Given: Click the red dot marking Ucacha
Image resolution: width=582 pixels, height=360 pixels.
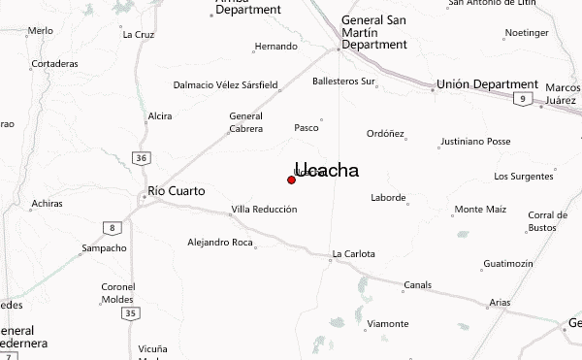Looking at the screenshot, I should point(291,180).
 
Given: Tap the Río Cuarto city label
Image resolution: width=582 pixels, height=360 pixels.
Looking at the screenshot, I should point(176,191).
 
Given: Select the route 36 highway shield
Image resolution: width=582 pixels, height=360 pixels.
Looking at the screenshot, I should point(142,158).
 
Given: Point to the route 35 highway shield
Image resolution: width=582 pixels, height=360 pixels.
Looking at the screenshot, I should point(131,312).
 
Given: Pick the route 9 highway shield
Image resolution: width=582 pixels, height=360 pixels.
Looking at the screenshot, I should point(523,100).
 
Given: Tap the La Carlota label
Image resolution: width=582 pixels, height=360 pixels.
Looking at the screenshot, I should point(352,256).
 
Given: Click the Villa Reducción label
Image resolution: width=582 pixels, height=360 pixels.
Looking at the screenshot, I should point(261,211).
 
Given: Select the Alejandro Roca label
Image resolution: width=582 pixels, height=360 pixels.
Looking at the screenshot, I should point(220,242).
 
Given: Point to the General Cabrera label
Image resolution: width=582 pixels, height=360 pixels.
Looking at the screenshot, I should point(245,122).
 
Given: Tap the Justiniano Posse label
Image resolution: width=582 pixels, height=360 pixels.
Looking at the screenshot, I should point(475,141).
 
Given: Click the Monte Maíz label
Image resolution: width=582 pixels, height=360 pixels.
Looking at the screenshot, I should point(481,209).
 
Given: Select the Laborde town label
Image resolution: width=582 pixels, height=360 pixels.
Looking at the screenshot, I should point(388,198).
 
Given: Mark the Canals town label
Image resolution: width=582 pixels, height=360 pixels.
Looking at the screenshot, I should point(417,285).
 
